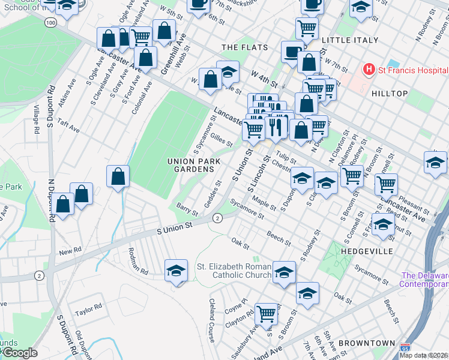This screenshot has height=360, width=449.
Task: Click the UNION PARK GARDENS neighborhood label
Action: [191, 166]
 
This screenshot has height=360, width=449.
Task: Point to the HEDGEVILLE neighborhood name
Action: [367, 251]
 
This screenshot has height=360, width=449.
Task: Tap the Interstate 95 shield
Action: [405, 347]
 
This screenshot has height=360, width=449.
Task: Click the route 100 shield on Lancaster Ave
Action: [50, 22]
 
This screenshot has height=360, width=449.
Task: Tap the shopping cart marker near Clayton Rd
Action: [266, 313]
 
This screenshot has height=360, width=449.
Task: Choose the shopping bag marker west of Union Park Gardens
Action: [118, 176]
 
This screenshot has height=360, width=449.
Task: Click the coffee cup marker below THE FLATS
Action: [292, 52]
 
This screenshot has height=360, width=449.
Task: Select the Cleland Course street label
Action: [212, 321]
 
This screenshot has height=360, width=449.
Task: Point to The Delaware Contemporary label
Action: [424, 280]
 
